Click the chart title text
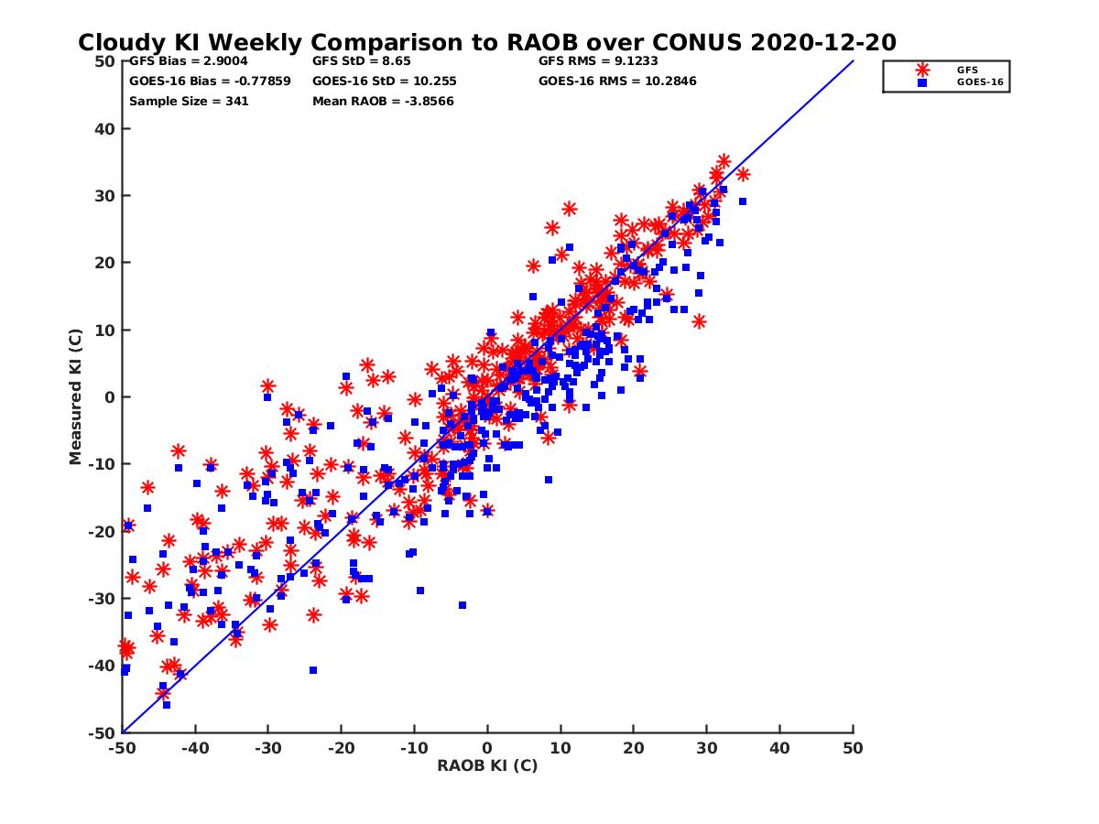[x=486, y=42]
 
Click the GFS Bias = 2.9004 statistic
[x=188, y=61]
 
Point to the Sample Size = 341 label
[x=189, y=101]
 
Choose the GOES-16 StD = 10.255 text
[x=384, y=81]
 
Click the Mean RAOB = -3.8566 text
[x=383, y=101]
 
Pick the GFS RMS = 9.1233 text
[x=598, y=61]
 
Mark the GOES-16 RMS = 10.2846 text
[x=617, y=81]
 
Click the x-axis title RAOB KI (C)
[x=487, y=765]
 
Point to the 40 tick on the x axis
[x=780, y=748]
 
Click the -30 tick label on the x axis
[x=267, y=748]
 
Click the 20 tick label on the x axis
[x=634, y=748]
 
